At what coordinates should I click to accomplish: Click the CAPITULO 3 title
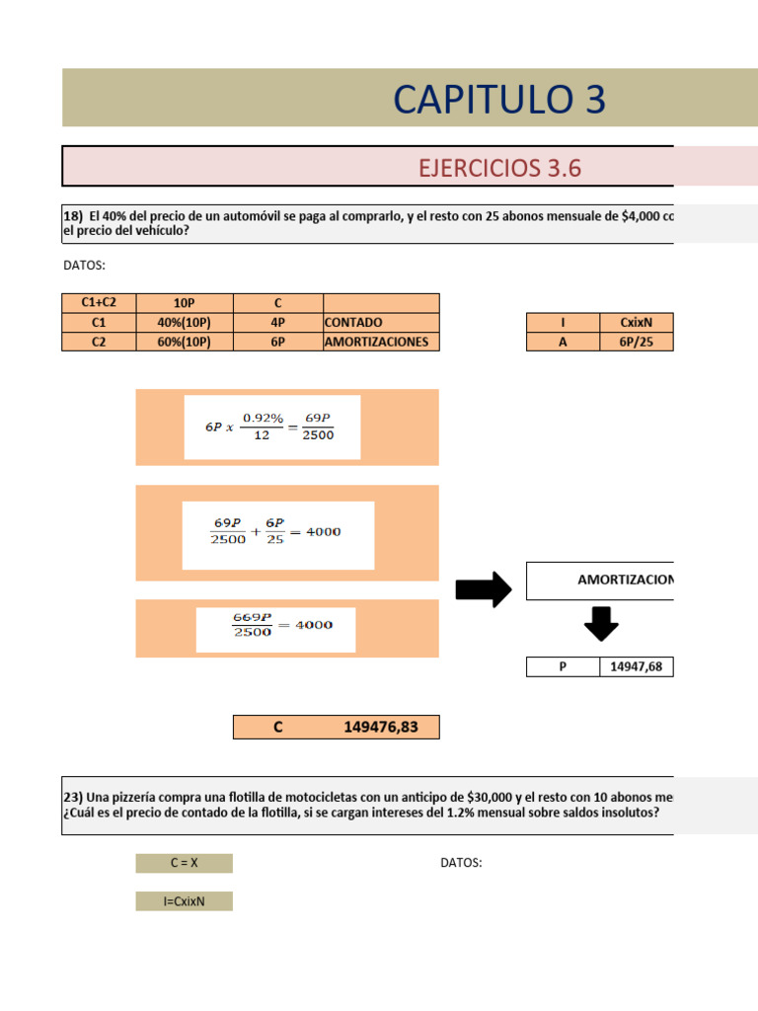coord(498,99)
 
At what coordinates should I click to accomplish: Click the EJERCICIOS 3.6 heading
coord(499,167)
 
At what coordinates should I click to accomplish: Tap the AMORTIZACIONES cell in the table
coord(380,342)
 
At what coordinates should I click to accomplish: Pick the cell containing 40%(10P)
coord(184,323)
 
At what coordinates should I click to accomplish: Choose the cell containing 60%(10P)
coord(184,342)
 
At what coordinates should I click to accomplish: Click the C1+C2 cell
coord(98,303)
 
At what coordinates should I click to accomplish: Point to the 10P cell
coord(184,303)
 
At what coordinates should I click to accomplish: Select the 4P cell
coord(277,323)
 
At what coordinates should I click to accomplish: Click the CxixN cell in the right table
coord(636,323)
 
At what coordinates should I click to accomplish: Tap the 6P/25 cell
coord(636,342)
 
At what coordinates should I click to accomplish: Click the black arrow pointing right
coord(483,590)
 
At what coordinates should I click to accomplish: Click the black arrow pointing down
coord(601,624)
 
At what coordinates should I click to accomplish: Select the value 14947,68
coord(636,666)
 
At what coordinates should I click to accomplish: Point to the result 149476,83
coord(381,728)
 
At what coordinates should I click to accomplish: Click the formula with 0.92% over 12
coord(271,427)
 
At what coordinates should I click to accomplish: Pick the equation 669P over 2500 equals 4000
coord(275,625)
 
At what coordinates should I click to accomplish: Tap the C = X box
coord(184,863)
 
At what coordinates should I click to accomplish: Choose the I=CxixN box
coord(184,900)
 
